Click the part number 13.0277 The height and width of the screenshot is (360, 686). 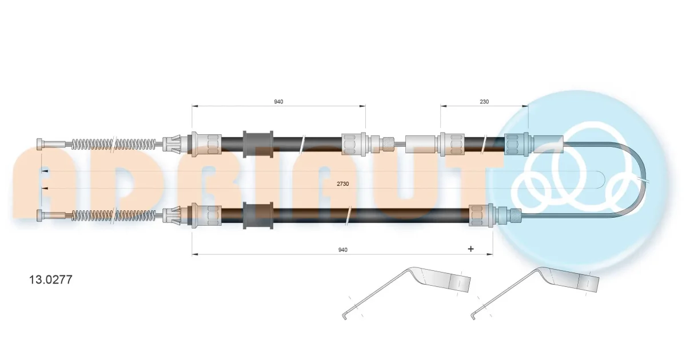click(50, 279)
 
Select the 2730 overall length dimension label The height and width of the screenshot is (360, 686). click(342, 183)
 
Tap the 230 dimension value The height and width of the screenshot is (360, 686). click(484, 102)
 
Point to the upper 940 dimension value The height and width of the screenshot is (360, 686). click(278, 102)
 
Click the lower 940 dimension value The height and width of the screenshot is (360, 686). click(342, 250)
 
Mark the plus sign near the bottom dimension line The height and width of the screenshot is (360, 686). click(470, 249)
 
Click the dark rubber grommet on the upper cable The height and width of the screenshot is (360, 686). click(258, 144)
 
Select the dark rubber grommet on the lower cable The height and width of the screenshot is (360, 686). click(258, 215)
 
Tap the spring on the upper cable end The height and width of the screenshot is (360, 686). click(114, 144)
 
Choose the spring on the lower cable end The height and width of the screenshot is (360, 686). click(114, 215)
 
